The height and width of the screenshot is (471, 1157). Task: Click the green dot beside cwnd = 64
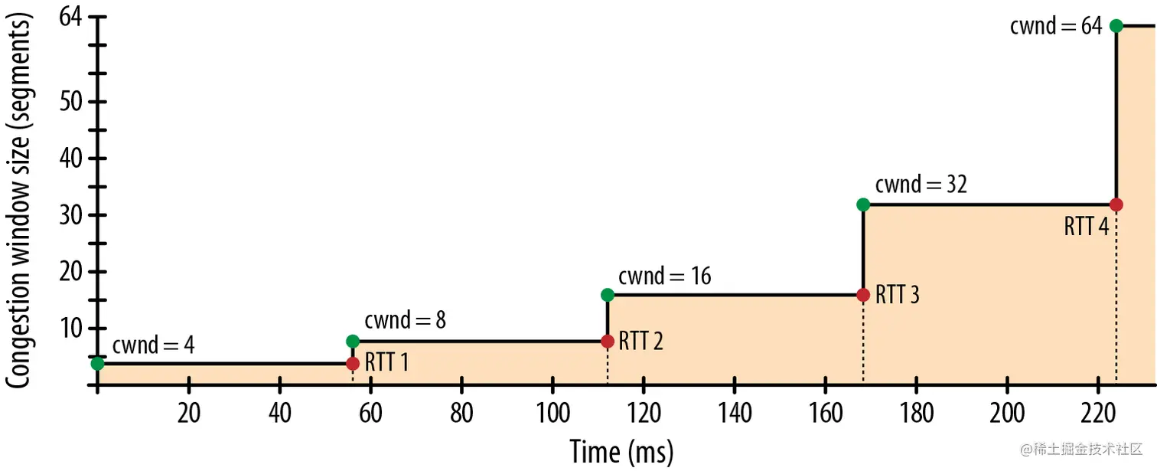[x=1116, y=26]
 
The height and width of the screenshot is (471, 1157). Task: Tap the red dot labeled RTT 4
[x=1116, y=204]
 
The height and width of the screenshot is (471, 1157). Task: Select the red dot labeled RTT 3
[x=863, y=295]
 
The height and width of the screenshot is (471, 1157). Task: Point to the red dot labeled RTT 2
[x=608, y=341]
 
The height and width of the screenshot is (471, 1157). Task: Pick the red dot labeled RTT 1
[x=353, y=363]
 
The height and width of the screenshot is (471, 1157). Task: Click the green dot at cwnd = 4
[x=97, y=363]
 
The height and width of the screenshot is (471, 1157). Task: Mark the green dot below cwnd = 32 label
[x=863, y=204]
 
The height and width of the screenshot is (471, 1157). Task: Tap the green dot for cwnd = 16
[x=608, y=295]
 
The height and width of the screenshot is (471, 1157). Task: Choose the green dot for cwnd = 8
[x=353, y=341]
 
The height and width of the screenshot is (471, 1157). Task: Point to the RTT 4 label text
[x=1087, y=227]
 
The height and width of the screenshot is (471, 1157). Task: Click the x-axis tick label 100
[x=552, y=413]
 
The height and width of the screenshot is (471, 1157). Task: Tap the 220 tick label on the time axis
[x=1097, y=413]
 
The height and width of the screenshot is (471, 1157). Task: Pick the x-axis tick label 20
[x=188, y=413]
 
